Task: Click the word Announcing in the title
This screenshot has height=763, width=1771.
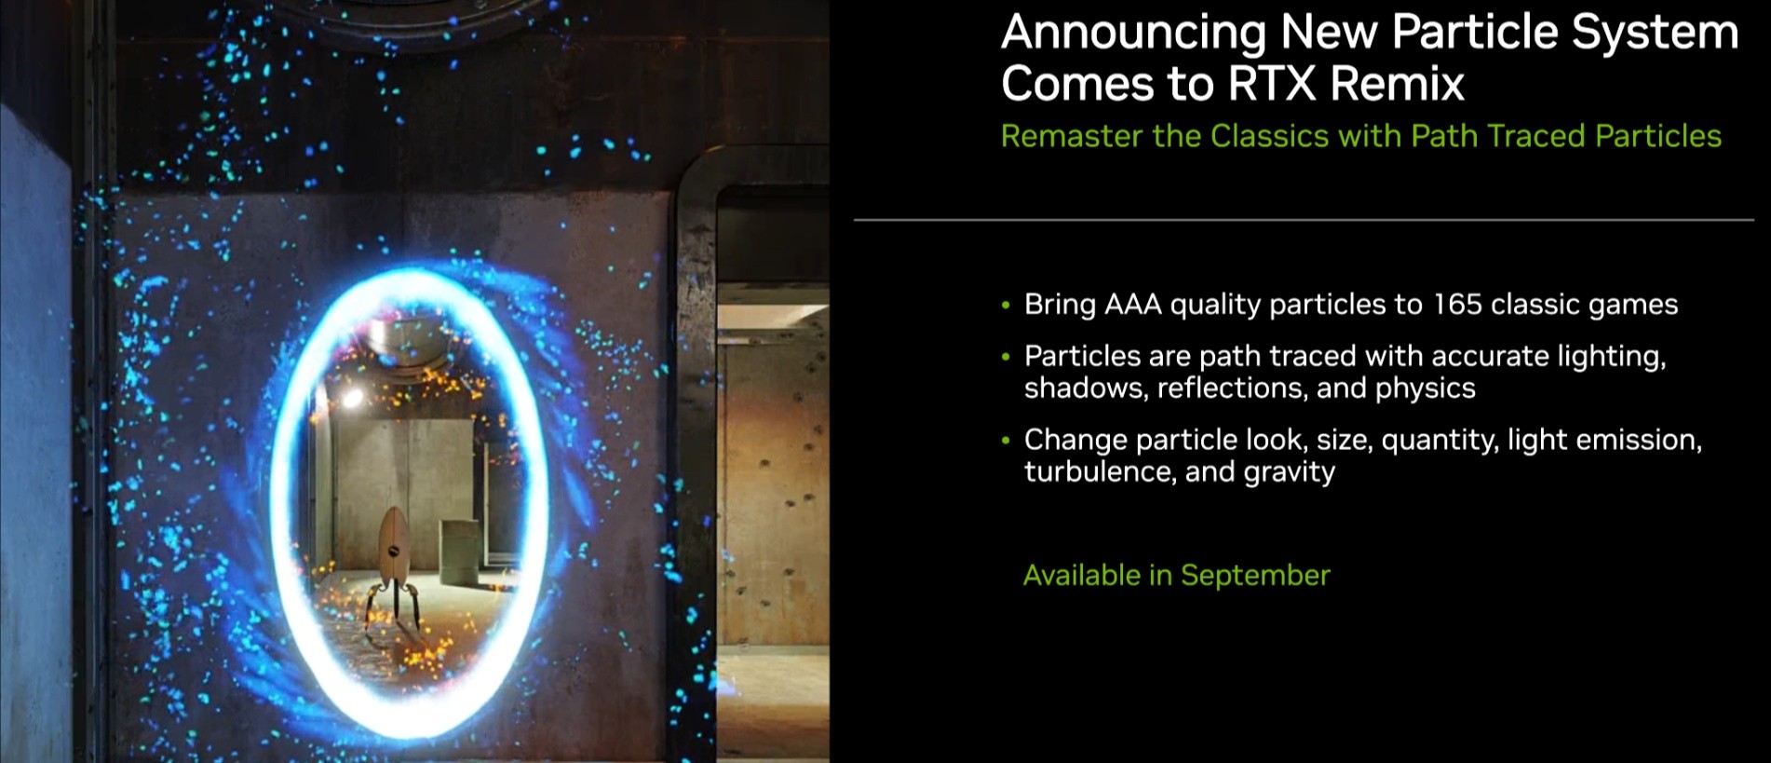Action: coord(1133,33)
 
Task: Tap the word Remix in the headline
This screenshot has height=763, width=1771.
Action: coord(1397,84)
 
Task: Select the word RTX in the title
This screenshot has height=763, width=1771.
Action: coord(1272,84)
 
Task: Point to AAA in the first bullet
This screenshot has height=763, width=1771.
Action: coord(1132,305)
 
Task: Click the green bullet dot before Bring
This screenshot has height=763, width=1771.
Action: coord(1006,305)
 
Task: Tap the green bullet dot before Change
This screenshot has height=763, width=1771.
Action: coord(1006,440)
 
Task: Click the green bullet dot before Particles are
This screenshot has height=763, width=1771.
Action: coord(1006,356)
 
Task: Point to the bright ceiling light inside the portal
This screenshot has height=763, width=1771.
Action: coord(352,398)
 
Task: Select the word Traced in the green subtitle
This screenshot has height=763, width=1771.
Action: coord(1537,136)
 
